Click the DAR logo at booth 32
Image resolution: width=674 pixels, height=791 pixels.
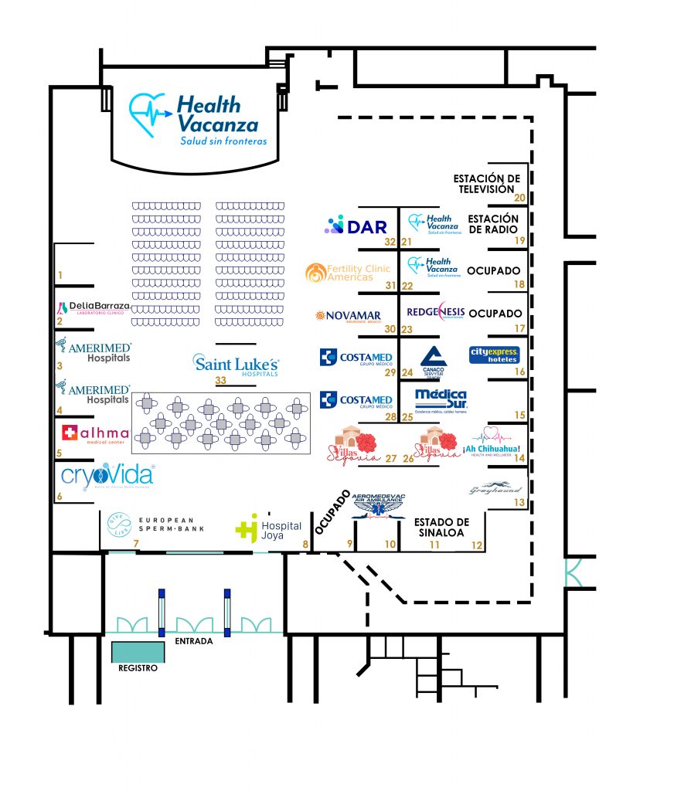click(356, 226)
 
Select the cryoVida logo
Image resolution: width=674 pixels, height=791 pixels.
click(107, 476)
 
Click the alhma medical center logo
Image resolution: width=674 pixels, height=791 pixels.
click(95, 433)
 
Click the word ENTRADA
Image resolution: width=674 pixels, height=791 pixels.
click(195, 641)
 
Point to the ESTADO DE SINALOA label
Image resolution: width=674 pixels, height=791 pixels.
click(441, 528)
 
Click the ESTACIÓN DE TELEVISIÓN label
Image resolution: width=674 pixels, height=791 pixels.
click(486, 184)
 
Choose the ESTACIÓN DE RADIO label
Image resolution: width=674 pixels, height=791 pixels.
click(493, 224)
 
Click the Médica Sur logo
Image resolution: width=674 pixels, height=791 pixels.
click(441, 400)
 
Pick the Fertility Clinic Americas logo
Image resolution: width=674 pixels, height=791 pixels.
click(348, 272)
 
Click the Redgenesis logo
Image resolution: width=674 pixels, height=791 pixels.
click(436, 312)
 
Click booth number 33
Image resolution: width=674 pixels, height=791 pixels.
click(220, 380)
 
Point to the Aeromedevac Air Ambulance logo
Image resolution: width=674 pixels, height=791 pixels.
click(378, 504)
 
